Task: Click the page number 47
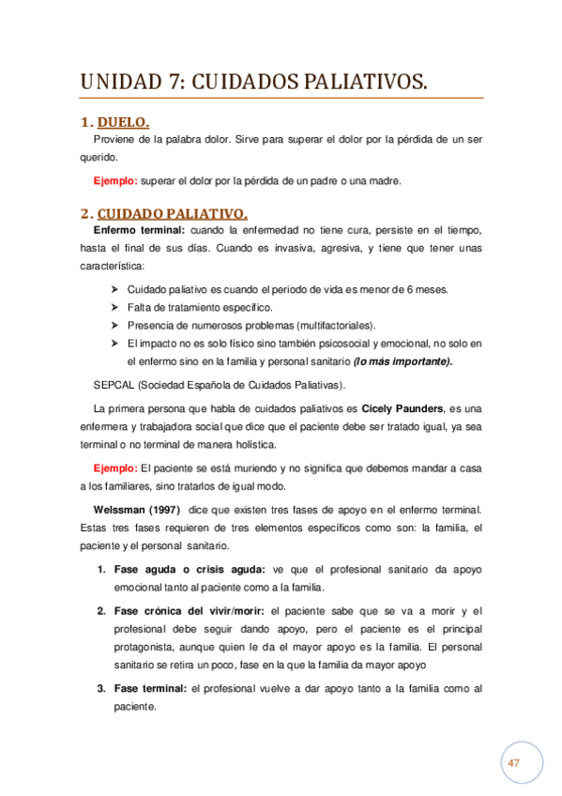tap(513, 763)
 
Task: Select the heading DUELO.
tap(123, 123)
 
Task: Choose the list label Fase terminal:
tap(150, 689)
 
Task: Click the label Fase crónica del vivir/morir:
tap(190, 611)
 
